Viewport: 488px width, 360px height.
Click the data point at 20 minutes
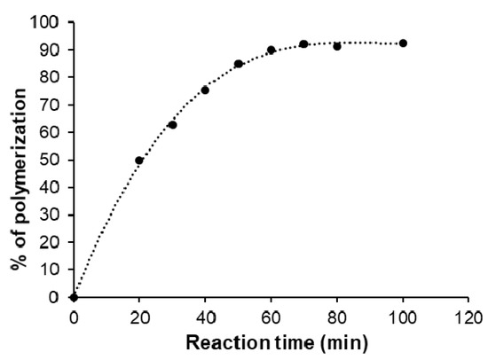coord(139,160)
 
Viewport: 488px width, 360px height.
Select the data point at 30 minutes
coord(172,125)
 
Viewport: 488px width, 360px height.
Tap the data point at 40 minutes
coord(205,90)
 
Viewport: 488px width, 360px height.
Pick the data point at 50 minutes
coord(239,64)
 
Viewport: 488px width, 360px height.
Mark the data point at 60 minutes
coord(272,50)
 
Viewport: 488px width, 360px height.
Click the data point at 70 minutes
coord(303,43)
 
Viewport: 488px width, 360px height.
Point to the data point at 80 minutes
coord(337,46)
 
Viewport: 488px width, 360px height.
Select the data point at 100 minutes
coord(403,43)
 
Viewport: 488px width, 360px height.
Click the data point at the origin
coord(74,297)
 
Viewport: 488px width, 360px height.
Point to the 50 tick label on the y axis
coord(55,160)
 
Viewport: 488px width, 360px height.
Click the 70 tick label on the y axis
coord(55,105)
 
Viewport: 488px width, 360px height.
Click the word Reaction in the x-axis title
coord(230,341)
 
